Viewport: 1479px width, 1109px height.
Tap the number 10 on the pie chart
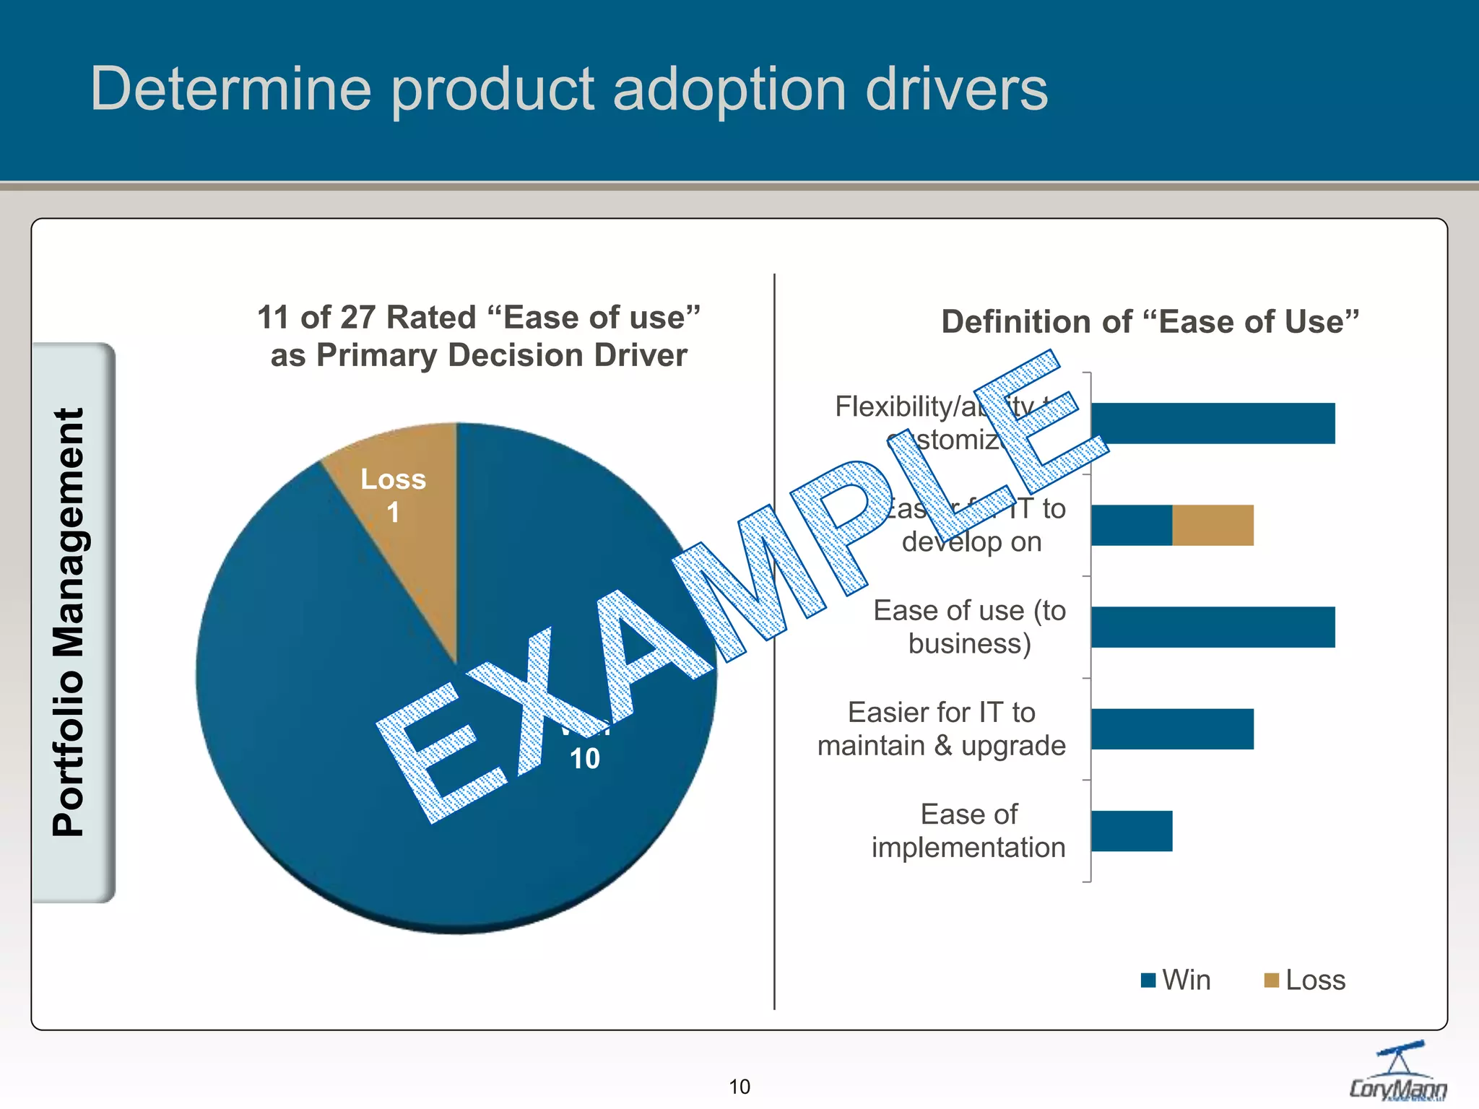[x=584, y=759]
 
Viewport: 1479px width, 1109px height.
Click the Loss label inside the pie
[x=393, y=479]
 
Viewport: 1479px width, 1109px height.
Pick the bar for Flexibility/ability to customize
[x=1213, y=424]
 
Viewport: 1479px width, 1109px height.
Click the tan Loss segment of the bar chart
[x=1213, y=526]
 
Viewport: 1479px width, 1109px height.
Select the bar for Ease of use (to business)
[x=1213, y=627]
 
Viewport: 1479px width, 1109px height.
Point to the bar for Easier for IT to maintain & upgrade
[x=1172, y=729]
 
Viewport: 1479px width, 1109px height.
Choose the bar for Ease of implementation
[x=1132, y=831]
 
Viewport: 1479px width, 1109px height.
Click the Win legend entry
[x=1177, y=980]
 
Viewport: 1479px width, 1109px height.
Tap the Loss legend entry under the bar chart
[x=1306, y=980]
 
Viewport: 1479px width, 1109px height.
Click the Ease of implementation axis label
[x=968, y=831]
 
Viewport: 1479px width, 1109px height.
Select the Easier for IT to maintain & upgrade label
[x=941, y=729]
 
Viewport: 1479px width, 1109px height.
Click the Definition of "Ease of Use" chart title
[x=1150, y=322]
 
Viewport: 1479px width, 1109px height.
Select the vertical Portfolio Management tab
[x=72, y=622]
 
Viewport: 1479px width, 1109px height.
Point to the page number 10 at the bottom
[x=739, y=1087]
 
